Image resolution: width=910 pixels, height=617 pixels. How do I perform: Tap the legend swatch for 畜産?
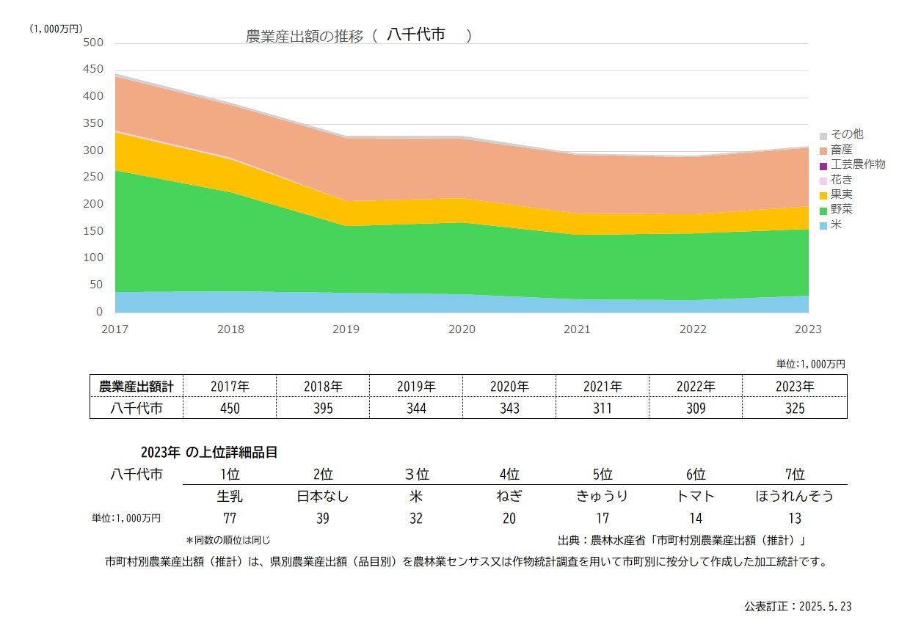[823, 150]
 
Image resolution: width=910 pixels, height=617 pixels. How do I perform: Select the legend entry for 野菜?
[841, 210]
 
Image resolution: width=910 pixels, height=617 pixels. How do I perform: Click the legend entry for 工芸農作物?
[857, 164]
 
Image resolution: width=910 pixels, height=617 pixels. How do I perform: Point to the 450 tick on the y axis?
[92, 70]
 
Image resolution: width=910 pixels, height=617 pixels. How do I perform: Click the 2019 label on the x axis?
[346, 329]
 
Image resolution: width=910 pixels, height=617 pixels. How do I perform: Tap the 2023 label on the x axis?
[808, 329]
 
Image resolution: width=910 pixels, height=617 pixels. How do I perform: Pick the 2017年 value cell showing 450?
[230, 408]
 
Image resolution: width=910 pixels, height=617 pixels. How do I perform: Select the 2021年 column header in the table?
[603, 386]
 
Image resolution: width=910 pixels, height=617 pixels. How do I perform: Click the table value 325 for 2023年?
[794, 408]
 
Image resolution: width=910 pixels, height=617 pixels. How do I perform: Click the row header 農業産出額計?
[136, 386]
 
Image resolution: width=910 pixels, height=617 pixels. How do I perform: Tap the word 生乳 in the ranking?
[230, 496]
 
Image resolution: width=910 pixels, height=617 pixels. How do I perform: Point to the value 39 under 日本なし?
[323, 519]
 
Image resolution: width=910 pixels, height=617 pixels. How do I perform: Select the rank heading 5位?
[603, 474]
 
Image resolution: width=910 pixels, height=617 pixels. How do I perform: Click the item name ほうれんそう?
[794, 496]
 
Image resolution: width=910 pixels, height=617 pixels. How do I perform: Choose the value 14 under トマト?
[696, 519]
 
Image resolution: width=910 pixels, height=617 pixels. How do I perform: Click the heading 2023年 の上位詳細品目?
[209, 453]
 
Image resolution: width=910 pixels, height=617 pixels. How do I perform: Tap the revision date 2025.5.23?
[798, 607]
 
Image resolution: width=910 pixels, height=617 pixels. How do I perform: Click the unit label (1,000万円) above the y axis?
[56, 29]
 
